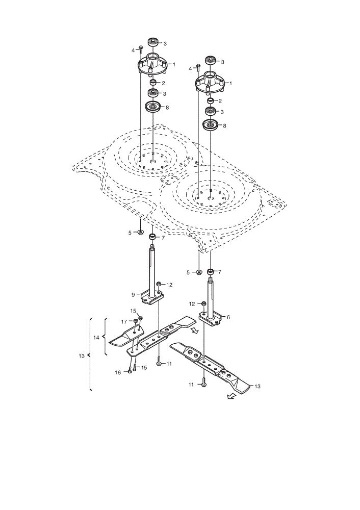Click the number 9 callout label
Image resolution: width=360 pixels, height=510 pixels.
(x=133, y=295)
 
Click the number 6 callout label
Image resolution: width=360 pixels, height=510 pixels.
(x=228, y=317)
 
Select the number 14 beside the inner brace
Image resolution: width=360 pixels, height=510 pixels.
(x=96, y=338)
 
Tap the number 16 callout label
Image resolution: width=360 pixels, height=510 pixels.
(x=118, y=372)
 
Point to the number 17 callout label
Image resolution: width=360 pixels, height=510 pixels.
(x=124, y=322)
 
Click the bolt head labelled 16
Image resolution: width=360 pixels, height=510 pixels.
(x=130, y=371)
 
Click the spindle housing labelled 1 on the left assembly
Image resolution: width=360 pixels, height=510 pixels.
(x=152, y=64)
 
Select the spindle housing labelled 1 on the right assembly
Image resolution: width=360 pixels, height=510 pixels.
(x=210, y=82)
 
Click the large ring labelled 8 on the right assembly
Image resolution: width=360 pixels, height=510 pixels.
(x=210, y=125)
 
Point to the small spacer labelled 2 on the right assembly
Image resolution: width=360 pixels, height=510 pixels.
(x=211, y=100)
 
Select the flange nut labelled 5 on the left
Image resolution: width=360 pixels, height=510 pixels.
(x=141, y=232)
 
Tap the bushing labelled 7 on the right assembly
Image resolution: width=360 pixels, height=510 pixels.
(x=211, y=271)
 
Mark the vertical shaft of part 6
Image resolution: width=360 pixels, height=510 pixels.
(x=211, y=297)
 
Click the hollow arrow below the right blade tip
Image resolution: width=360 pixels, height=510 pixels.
(x=231, y=396)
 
